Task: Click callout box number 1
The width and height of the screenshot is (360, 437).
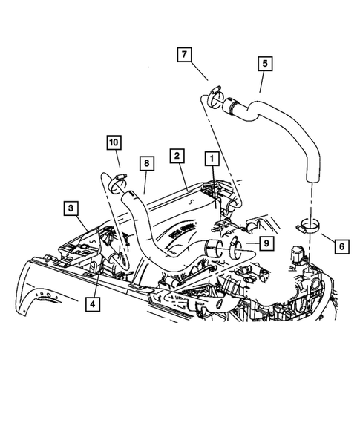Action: [x=212, y=158]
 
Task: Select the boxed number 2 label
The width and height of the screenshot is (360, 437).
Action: [x=176, y=155]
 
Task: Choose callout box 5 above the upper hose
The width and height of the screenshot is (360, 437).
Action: [x=264, y=64]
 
